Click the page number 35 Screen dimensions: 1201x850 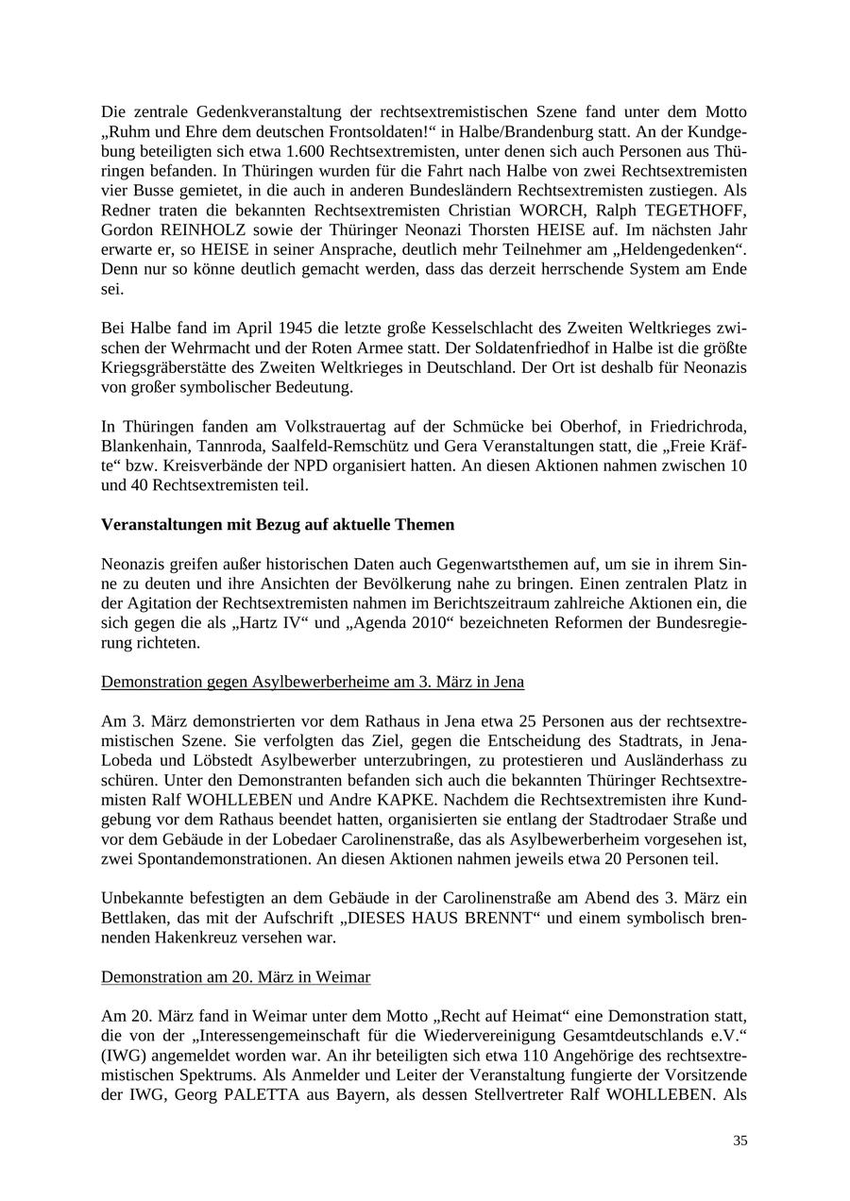click(x=739, y=1140)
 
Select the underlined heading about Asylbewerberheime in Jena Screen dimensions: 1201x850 click(x=313, y=681)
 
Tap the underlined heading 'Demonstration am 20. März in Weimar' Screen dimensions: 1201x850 click(x=235, y=976)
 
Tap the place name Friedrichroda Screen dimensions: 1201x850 click(x=694, y=427)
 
